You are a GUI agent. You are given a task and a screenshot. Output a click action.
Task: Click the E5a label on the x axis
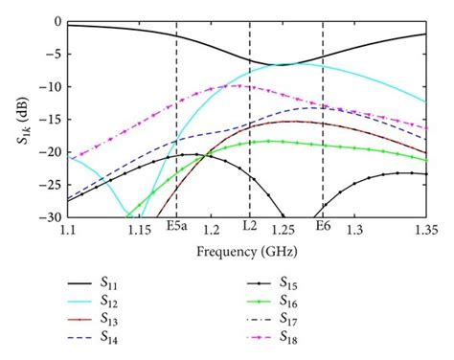[176, 231]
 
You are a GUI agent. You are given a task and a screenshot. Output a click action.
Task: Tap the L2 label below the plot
[249, 231]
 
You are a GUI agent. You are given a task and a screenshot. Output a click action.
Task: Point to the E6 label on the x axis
[323, 231]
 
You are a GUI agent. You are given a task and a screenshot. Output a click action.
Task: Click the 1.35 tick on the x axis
[426, 231]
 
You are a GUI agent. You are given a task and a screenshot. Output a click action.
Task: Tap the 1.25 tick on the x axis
[283, 231]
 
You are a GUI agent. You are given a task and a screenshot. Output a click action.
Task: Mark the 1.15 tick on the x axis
[140, 231]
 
